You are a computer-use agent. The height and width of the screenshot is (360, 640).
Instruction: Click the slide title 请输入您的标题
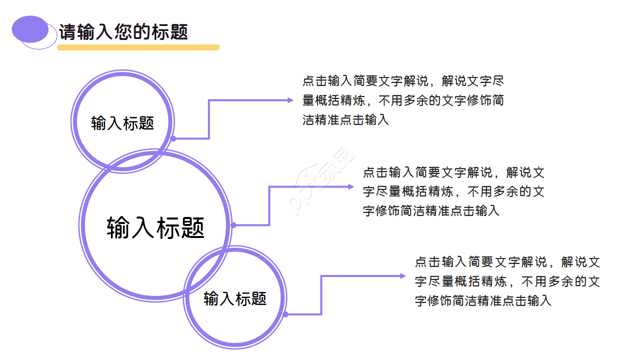coord(123,32)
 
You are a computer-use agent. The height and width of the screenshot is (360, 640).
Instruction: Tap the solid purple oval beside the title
coord(30,29)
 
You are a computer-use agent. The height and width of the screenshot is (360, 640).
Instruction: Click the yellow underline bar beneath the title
coord(138,47)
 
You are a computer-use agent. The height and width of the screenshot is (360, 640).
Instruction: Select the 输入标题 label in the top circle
coord(122,123)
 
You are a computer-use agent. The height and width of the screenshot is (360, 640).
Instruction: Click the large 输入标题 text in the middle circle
coord(155,227)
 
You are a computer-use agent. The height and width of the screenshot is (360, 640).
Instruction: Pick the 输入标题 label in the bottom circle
coord(235,298)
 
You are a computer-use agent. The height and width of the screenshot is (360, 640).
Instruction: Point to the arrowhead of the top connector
coord(290,100)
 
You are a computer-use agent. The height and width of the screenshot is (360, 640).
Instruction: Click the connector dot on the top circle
coord(173,138)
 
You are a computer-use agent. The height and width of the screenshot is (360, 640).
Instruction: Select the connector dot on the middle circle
coord(233,225)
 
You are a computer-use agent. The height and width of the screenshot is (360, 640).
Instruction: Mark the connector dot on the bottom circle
coord(285,314)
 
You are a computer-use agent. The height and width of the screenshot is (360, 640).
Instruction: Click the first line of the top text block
coord(403,81)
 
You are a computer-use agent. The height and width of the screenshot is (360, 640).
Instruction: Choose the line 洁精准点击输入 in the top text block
coord(345,120)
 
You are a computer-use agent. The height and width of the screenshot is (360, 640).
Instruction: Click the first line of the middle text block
coord(453,173)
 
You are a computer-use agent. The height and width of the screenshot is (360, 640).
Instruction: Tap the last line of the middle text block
coord(431,211)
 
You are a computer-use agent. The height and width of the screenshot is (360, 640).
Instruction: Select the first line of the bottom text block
coord(507,262)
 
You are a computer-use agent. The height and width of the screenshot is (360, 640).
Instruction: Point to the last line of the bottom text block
coord(483,301)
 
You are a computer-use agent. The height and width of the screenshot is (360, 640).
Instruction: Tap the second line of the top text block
coord(403,100)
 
